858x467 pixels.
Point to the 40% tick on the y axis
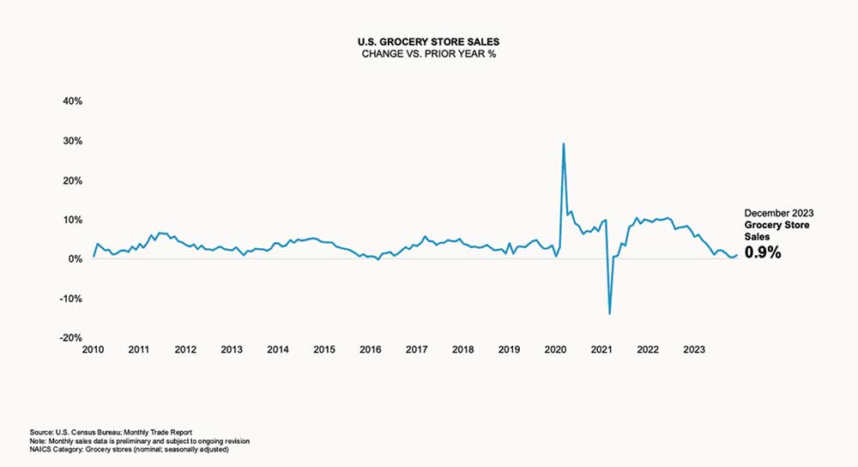coord(71,101)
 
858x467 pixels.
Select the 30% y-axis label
coord(71,141)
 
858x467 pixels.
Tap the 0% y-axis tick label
coord(74,259)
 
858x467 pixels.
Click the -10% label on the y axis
coord(69,299)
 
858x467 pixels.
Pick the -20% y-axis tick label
coord(69,338)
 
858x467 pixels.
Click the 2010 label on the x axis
coord(93,350)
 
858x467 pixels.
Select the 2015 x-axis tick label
coord(323,350)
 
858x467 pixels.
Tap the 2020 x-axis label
coord(555,350)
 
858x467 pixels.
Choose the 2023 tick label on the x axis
coord(693,350)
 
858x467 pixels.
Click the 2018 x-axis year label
coord(462,350)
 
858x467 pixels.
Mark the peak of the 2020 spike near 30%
coord(563,143)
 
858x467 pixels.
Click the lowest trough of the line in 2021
coord(610,313)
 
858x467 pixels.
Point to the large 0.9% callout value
coord(763,252)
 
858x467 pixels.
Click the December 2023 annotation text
coord(778,212)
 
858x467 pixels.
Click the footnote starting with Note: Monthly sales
coord(139,440)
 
